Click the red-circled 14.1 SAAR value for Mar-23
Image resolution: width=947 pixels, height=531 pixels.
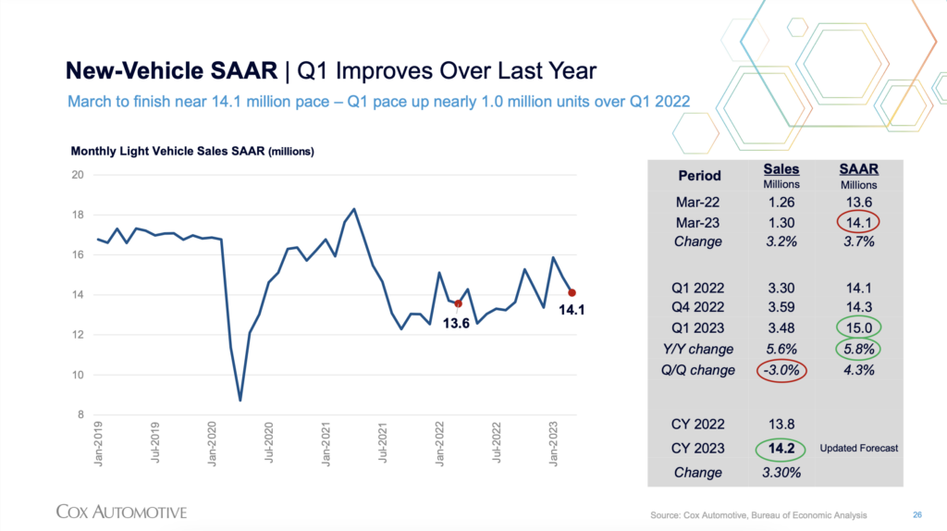coord(858,222)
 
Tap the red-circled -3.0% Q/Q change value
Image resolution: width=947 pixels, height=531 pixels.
coord(781,370)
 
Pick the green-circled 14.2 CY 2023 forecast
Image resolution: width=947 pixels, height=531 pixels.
coord(781,449)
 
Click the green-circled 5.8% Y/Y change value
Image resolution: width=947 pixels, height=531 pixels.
coord(858,350)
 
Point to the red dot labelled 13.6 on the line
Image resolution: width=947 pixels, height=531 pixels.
coord(459,303)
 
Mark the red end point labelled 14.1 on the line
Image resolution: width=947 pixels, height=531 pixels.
coord(572,293)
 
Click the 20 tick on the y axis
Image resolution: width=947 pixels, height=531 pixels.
coord(78,175)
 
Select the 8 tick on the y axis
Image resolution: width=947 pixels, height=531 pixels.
coord(80,415)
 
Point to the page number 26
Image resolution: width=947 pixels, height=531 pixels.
coord(917,513)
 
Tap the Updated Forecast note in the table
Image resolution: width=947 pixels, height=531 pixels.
coord(858,449)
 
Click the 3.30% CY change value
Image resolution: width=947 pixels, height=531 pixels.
coord(781,472)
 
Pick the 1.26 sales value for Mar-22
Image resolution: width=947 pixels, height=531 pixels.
coord(781,202)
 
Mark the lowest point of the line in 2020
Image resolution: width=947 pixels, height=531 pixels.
coord(240,400)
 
